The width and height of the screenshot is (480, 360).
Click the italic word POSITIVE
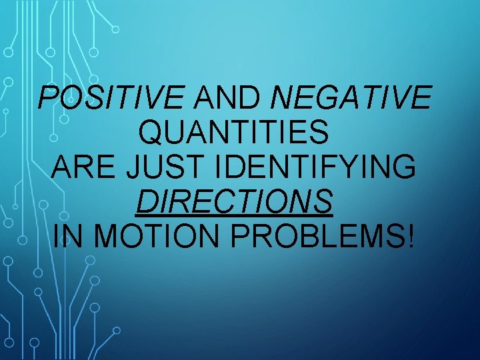(111, 99)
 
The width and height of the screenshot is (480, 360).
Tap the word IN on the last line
(63, 235)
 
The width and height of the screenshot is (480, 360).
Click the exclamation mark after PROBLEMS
(409, 235)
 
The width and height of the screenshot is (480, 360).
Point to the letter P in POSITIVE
(49, 99)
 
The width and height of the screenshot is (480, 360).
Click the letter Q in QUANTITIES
(150, 133)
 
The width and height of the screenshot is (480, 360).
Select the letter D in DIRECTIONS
(145, 201)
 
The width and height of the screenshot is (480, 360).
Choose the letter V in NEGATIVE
(402, 99)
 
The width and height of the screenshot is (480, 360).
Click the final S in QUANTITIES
(319, 133)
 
